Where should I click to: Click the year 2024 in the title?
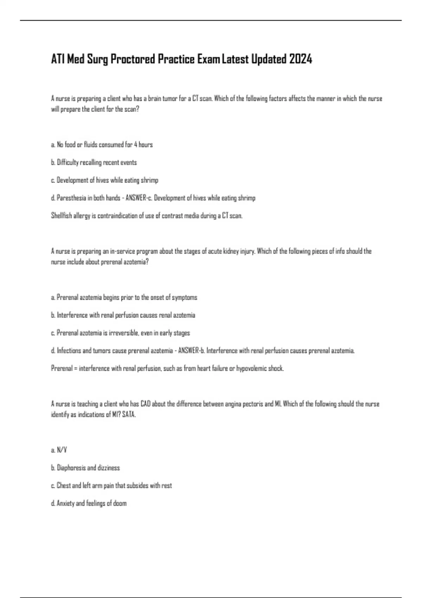300,59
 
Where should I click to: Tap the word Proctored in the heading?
133,59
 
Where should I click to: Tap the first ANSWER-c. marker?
139,198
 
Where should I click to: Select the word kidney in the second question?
231,251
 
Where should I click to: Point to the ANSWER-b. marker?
192,351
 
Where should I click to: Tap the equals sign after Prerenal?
76,369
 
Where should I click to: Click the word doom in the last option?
120,503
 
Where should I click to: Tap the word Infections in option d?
69,351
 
